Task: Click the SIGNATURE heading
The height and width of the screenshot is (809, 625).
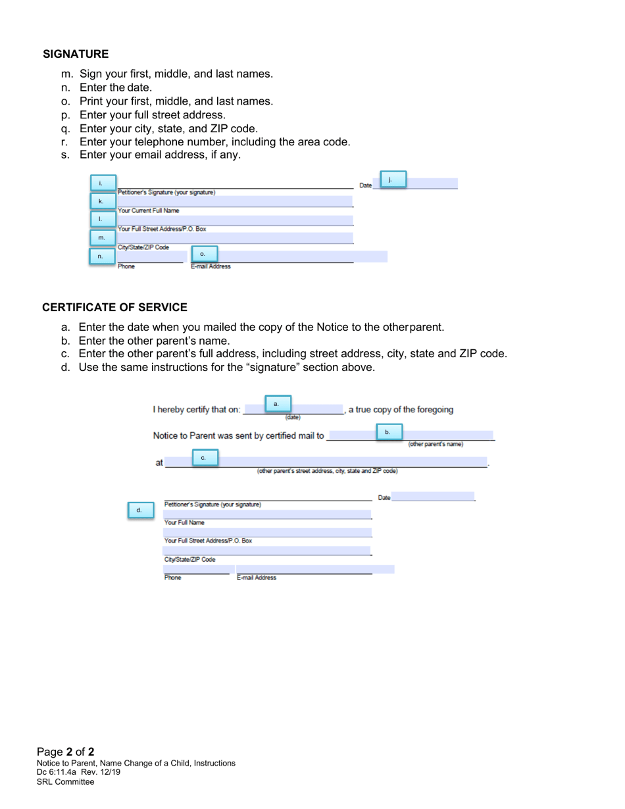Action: click(76, 53)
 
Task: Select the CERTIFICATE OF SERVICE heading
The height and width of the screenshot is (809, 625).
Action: click(114, 307)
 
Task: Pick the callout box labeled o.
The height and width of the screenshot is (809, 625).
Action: click(203, 253)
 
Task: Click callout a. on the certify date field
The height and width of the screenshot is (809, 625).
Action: click(276, 403)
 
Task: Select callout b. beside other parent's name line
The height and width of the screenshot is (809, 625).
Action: click(387, 432)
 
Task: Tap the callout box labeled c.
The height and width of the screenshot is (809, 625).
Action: click(203, 456)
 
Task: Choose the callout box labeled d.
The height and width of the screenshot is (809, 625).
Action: click(139, 510)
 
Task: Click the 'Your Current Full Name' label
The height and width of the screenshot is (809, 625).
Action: click(148, 210)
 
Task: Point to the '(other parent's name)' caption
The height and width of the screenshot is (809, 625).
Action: click(436, 444)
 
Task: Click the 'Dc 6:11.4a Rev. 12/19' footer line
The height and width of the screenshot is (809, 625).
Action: click(78, 772)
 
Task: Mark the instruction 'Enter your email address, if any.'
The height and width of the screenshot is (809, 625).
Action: click(160, 155)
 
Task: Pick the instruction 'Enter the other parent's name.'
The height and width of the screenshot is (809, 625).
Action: click(154, 341)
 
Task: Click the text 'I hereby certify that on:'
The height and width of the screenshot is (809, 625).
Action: click(197, 410)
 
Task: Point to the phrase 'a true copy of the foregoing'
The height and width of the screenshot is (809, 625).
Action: click(401, 410)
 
